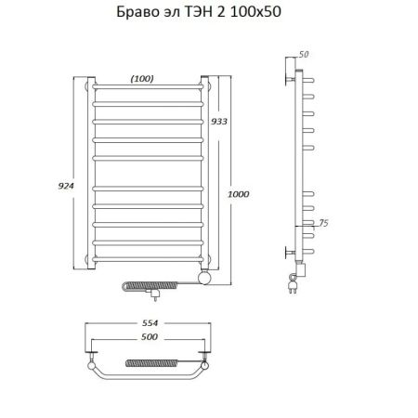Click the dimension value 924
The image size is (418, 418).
click(x=66, y=186)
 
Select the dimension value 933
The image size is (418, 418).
click(x=219, y=122)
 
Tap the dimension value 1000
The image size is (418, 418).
click(x=239, y=194)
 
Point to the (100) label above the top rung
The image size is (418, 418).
click(x=142, y=79)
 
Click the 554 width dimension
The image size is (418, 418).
click(x=150, y=323)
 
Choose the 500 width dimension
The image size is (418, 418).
click(x=150, y=336)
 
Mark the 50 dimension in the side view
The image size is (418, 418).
click(x=304, y=54)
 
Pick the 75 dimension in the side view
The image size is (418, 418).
click(x=323, y=223)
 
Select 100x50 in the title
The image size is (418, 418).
click(x=256, y=12)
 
